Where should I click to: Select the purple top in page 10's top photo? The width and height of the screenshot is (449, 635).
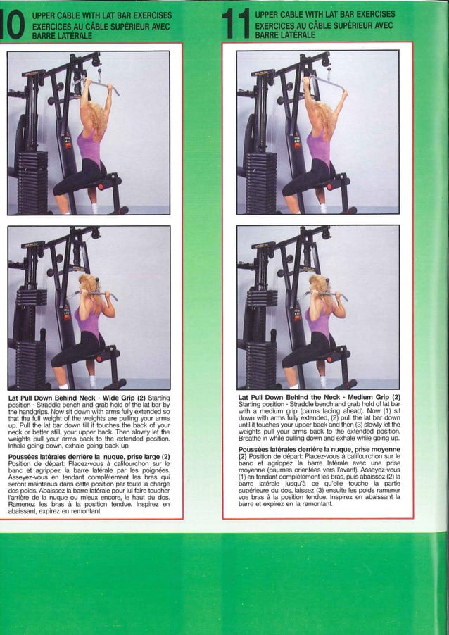point(89,147)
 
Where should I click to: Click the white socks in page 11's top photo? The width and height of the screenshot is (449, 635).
point(322,208)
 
